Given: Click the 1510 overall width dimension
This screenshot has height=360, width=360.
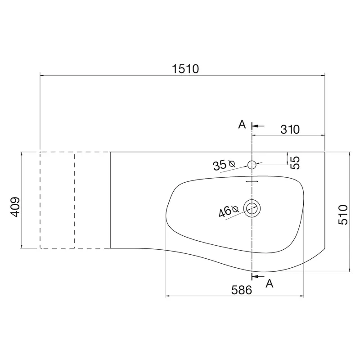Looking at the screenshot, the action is click(185, 69).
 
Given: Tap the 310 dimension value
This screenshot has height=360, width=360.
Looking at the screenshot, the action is click(290, 130).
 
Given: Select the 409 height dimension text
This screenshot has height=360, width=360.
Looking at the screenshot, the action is click(15, 207).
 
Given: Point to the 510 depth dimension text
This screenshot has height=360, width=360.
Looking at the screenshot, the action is click(343, 215).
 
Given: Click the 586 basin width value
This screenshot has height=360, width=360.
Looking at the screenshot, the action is click(242, 290).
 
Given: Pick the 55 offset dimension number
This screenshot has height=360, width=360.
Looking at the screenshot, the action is click(295, 163).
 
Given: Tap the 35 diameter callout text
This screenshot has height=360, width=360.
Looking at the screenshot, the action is click(220, 165).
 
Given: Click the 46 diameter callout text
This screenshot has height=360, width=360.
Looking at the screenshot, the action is click(225, 211).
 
